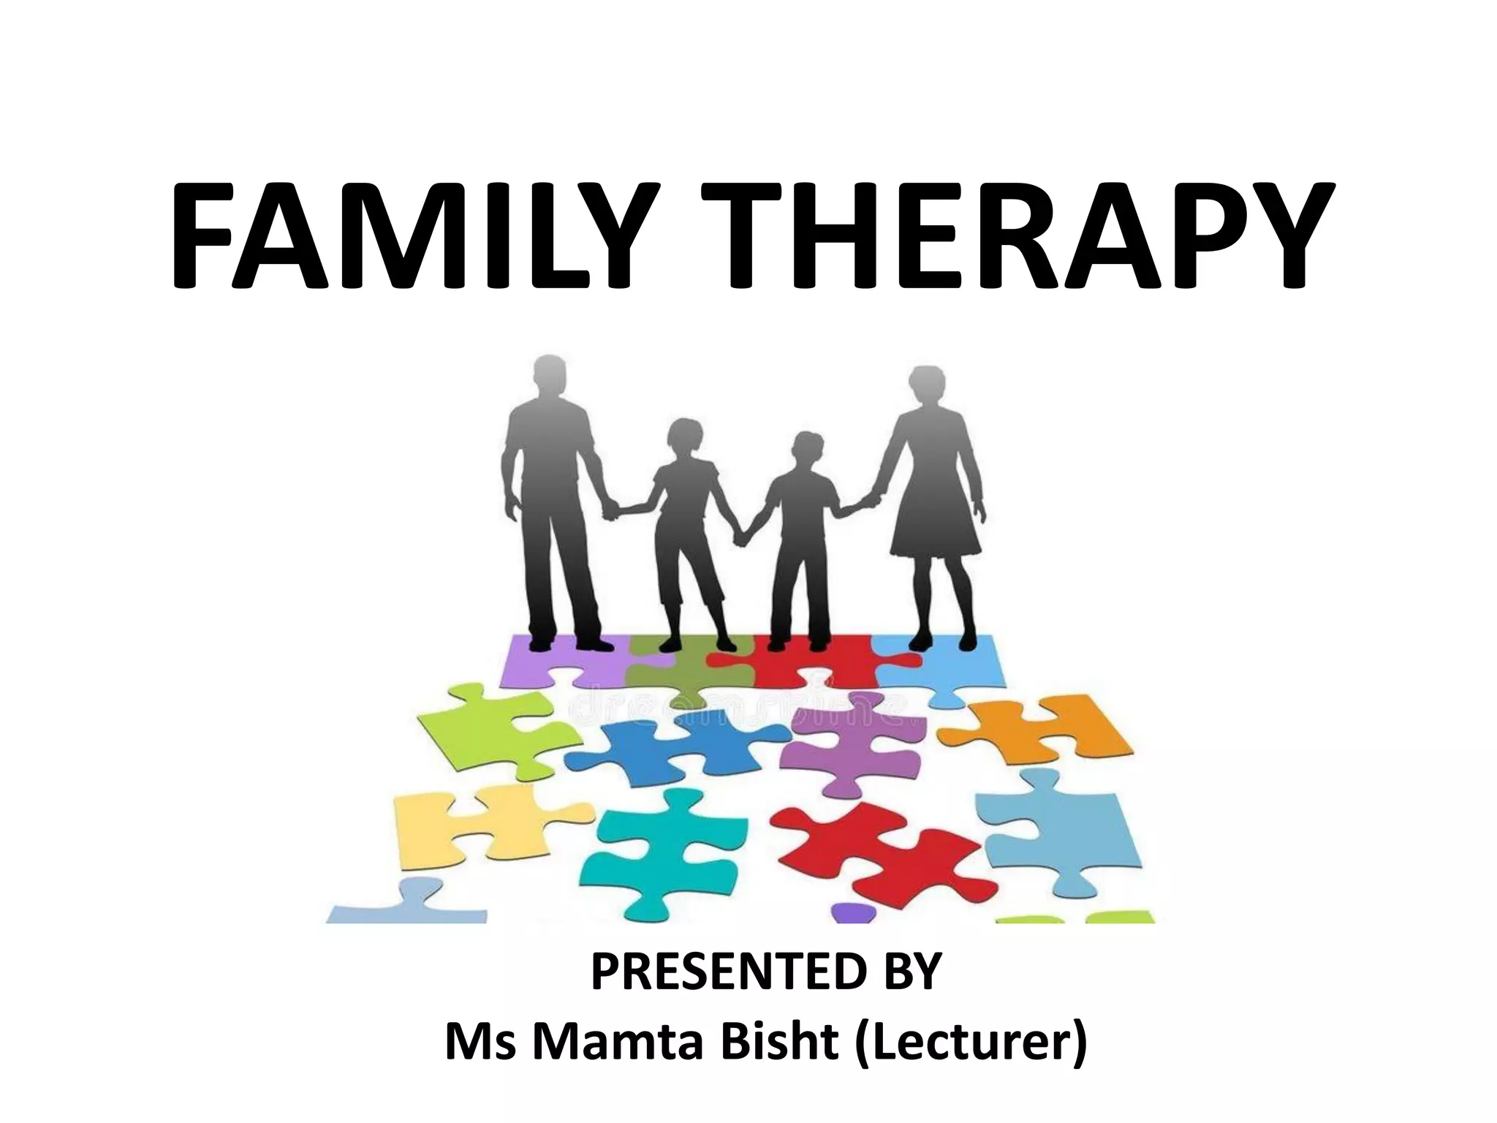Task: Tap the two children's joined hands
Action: tap(744, 537)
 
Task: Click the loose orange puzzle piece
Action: tap(1042, 727)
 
